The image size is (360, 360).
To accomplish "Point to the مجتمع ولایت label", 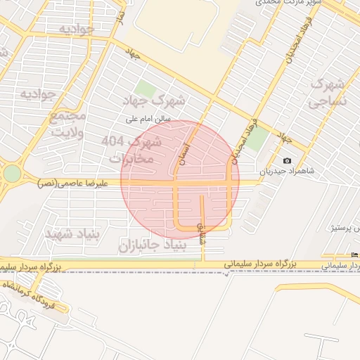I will (67, 124).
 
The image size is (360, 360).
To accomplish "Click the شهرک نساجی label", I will (327, 94).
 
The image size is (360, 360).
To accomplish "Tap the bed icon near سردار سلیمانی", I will (354, 255).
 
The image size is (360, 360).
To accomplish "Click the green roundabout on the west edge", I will (12, 173).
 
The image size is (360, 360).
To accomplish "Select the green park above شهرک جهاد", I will (145, 89).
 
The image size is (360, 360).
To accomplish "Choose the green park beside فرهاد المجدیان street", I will (257, 138).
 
